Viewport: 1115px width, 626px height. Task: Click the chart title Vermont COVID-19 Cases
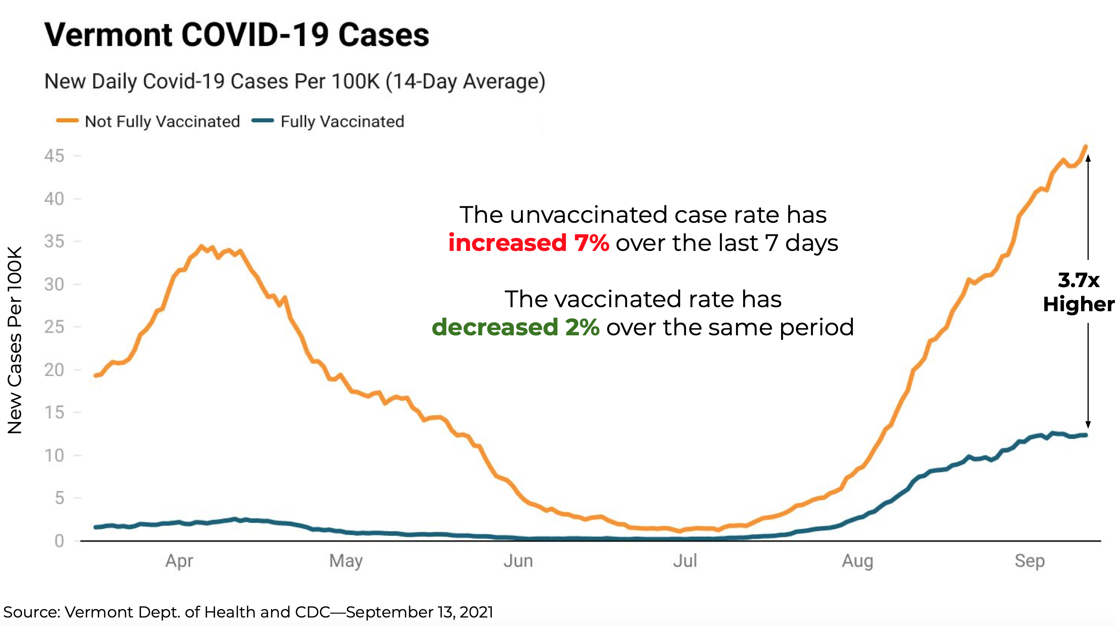point(237,35)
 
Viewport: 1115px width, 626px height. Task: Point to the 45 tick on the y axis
point(54,156)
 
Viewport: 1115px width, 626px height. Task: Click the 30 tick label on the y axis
point(54,284)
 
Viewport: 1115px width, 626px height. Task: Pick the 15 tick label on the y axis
point(54,413)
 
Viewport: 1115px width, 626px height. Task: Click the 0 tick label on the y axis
point(59,541)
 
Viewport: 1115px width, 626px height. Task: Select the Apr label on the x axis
point(179,561)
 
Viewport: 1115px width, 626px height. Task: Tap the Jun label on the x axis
point(518,561)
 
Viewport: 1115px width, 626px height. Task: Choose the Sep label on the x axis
point(1029,561)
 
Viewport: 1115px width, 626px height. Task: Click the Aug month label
point(857,561)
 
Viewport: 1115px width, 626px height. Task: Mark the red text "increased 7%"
point(528,243)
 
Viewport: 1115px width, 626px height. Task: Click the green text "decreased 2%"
point(516,327)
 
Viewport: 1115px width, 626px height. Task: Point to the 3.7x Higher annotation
point(1078,292)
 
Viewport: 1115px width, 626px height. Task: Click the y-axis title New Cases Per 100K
point(15,340)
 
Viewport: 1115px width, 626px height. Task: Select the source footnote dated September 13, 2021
point(248,612)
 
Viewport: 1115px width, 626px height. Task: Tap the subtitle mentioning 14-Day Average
point(295,82)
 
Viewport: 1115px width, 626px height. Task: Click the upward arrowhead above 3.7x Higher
point(1088,158)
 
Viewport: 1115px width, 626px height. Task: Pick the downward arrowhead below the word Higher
point(1088,425)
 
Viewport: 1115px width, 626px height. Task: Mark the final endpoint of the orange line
point(1086,146)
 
